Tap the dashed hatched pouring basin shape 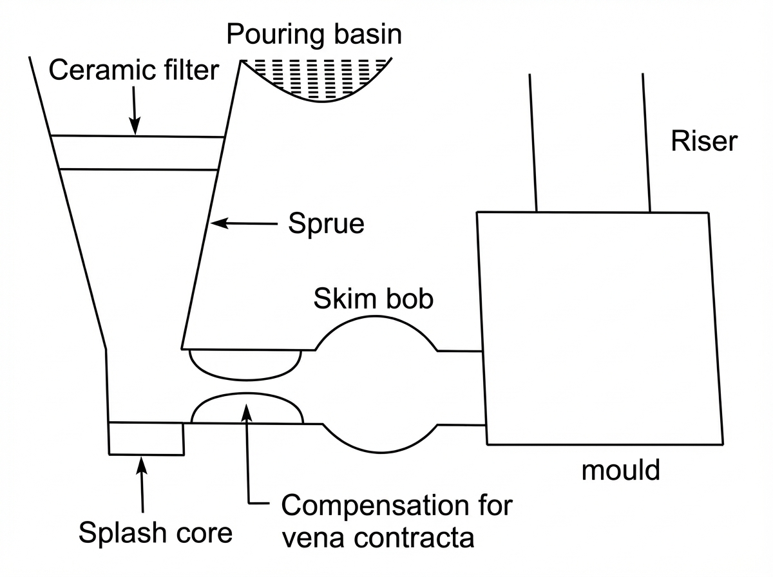click(316, 77)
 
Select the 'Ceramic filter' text click(134, 70)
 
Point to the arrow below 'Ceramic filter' click(135, 109)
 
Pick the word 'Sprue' click(326, 224)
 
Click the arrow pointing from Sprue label click(245, 223)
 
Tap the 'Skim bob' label click(373, 299)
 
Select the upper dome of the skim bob click(377, 332)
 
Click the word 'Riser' click(703, 141)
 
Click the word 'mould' click(620, 470)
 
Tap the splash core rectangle click(146, 438)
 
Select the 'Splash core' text click(155, 533)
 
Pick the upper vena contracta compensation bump click(245, 364)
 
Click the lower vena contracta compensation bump click(247, 408)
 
